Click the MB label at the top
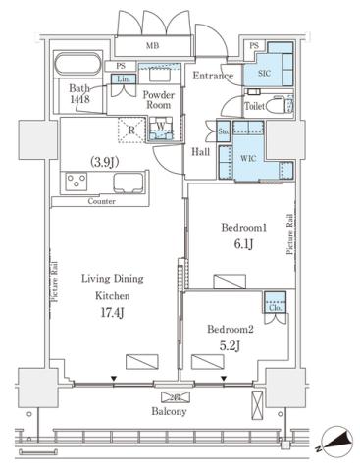tap(153, 45)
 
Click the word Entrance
tap(213, 76)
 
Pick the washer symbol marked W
tap(162, 128)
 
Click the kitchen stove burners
tap(77, 183)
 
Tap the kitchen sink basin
tap(128, 183)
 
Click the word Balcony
tap(171, 412)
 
